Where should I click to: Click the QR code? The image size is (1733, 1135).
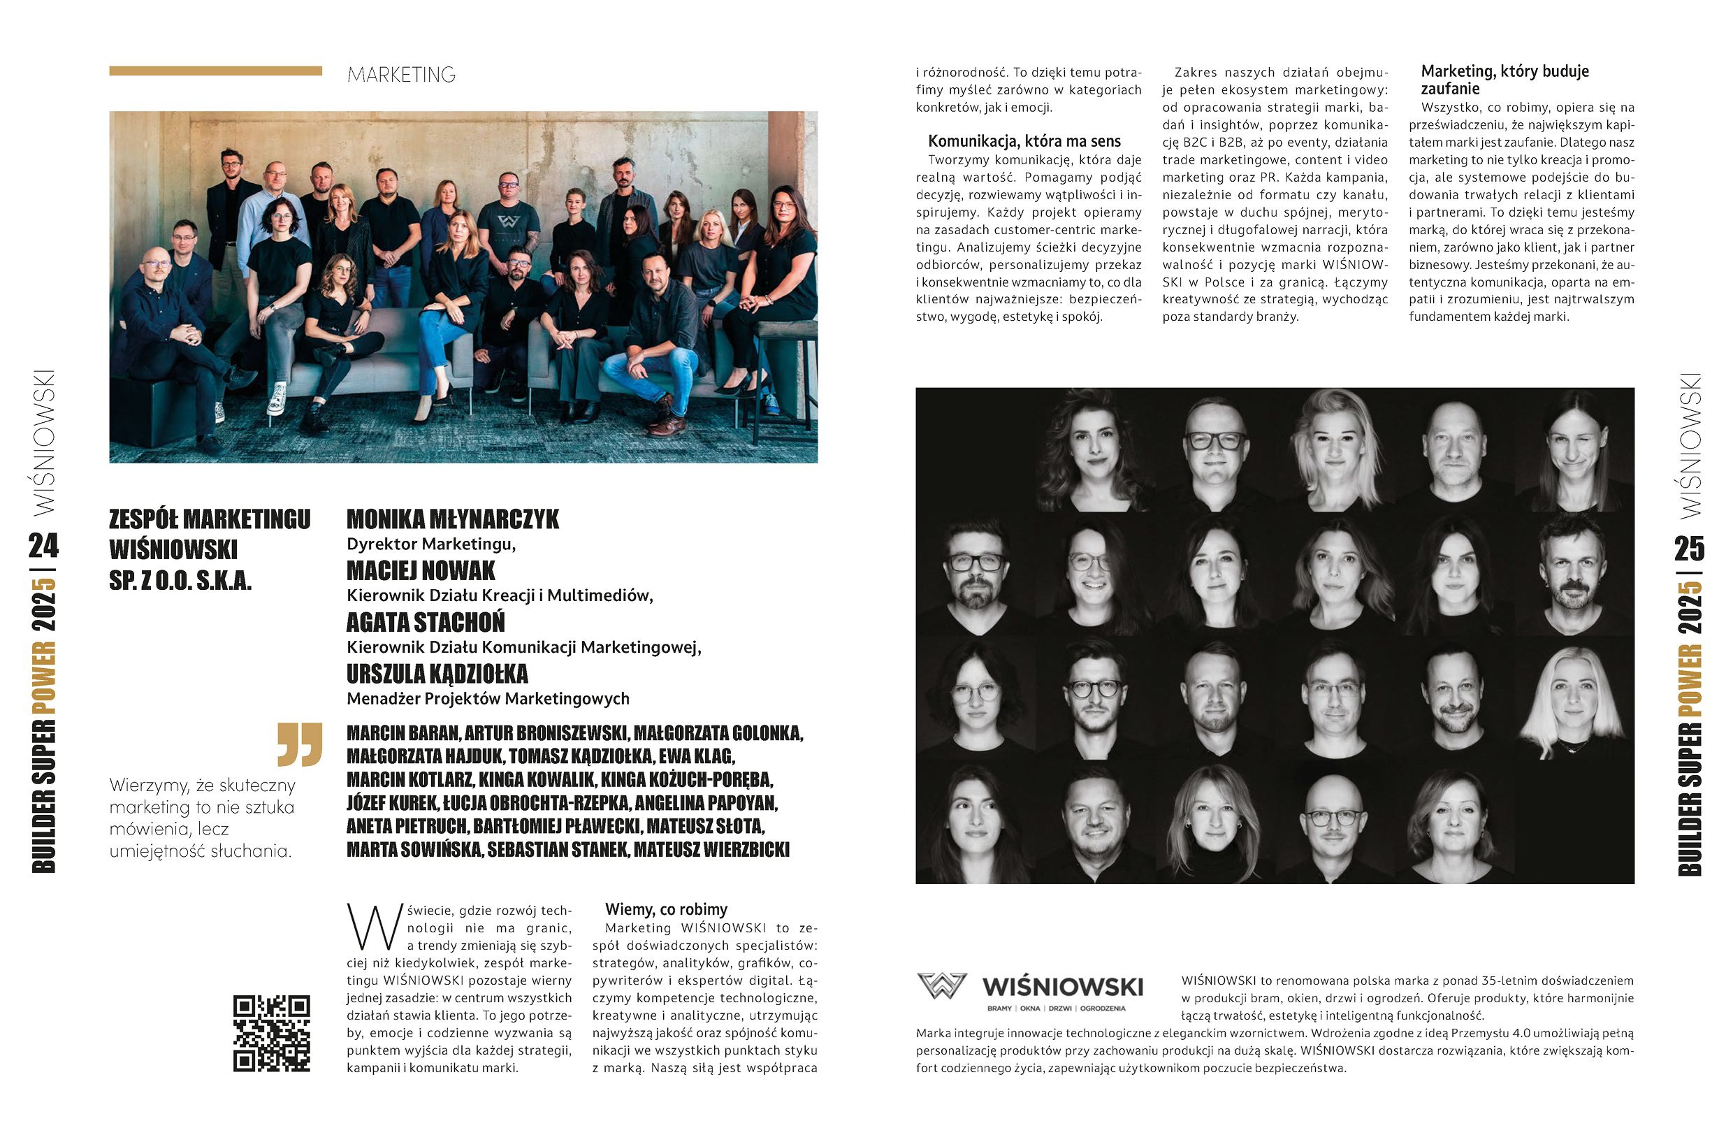point(272,1033)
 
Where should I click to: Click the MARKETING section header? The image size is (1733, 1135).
point(401,75)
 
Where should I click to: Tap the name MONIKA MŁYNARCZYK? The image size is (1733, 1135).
point(452,520)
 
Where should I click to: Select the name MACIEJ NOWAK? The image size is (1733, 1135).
point(420,571)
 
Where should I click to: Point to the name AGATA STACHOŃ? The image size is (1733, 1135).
point(426,623)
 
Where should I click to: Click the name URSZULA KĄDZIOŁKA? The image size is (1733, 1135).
point(437,674)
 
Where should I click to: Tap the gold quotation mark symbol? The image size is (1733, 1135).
point(299,744)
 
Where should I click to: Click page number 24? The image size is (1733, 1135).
point(44,546)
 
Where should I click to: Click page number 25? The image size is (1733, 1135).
point(1688,549)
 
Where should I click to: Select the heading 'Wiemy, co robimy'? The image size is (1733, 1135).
point(665,909)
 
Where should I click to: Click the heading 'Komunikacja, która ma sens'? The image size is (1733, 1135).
point(1024,141)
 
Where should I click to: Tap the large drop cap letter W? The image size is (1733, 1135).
point(375,927)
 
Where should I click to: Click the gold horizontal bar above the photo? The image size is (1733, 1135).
point(215,71)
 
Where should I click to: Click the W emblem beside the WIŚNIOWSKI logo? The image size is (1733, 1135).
point(941,985)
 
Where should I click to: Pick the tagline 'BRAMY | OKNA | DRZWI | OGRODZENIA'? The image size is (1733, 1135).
point(1056,1009)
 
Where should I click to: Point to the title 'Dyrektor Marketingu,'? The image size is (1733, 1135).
point(431,544)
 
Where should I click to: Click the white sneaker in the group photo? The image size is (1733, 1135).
point(276,399)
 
